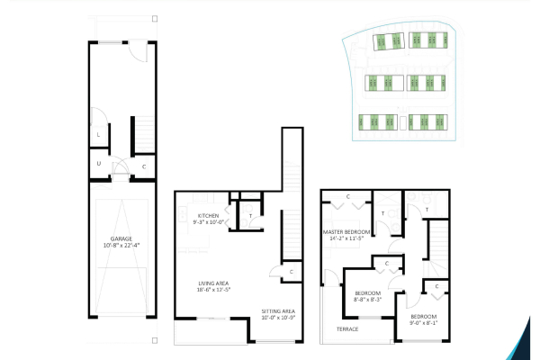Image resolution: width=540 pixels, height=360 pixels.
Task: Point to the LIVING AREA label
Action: click(215, 283)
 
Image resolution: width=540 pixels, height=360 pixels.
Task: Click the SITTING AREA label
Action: click(278, 311)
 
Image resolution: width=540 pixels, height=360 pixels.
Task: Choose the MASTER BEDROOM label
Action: click(346, 232)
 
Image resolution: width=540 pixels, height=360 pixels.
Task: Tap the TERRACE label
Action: click(347, 329)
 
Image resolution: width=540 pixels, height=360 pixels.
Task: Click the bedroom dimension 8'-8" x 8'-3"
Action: click(367, 301)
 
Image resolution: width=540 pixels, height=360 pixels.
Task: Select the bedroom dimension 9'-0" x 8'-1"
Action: click(424, 323)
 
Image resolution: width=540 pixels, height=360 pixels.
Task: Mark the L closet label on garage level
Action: click(98, 135)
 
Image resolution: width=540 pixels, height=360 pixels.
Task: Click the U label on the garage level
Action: click(98, 164)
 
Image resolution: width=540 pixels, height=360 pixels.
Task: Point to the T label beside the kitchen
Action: click(249, 216)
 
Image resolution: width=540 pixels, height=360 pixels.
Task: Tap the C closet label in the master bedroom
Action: click(347, 196)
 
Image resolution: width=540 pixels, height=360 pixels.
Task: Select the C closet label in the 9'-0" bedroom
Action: click(436, 286)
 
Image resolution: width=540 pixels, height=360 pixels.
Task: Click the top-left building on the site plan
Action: click(388, 40)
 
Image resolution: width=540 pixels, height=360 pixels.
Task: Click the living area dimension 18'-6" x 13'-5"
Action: click(215, 290)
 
